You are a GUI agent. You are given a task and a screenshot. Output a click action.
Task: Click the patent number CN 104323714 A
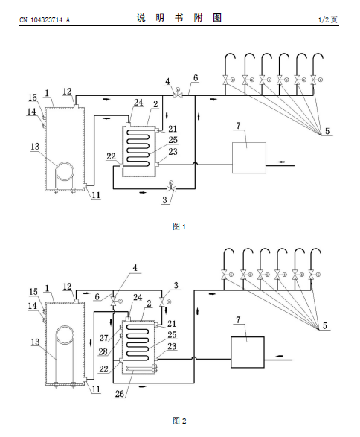45,20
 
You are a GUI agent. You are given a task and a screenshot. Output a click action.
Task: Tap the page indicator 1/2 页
328,20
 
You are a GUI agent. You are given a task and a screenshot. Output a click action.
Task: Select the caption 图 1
179,226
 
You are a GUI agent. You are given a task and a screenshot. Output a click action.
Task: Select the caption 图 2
179,421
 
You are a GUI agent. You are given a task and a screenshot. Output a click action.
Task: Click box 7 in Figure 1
249,158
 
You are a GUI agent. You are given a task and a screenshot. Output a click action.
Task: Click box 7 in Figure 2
248,352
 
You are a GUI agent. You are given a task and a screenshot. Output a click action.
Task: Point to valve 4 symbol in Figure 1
177,94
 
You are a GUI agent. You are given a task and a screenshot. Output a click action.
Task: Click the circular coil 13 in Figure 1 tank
65,162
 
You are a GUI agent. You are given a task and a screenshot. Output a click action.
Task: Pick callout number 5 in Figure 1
327,131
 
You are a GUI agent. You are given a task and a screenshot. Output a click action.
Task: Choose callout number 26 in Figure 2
120,394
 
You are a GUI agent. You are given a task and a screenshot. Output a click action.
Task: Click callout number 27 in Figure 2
103,338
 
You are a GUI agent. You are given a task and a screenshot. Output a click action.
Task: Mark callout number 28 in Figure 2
103,351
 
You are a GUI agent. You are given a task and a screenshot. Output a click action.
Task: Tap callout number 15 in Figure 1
33,98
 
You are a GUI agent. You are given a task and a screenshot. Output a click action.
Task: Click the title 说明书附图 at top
179,18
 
